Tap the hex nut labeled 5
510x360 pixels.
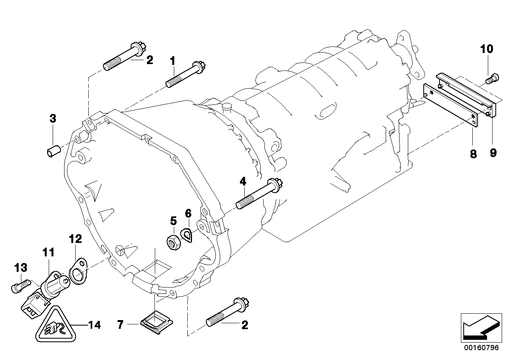[173, 242]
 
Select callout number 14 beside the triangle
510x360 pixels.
[93, 325]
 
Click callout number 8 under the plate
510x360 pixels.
[473, 154]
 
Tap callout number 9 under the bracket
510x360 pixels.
[493, 152]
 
